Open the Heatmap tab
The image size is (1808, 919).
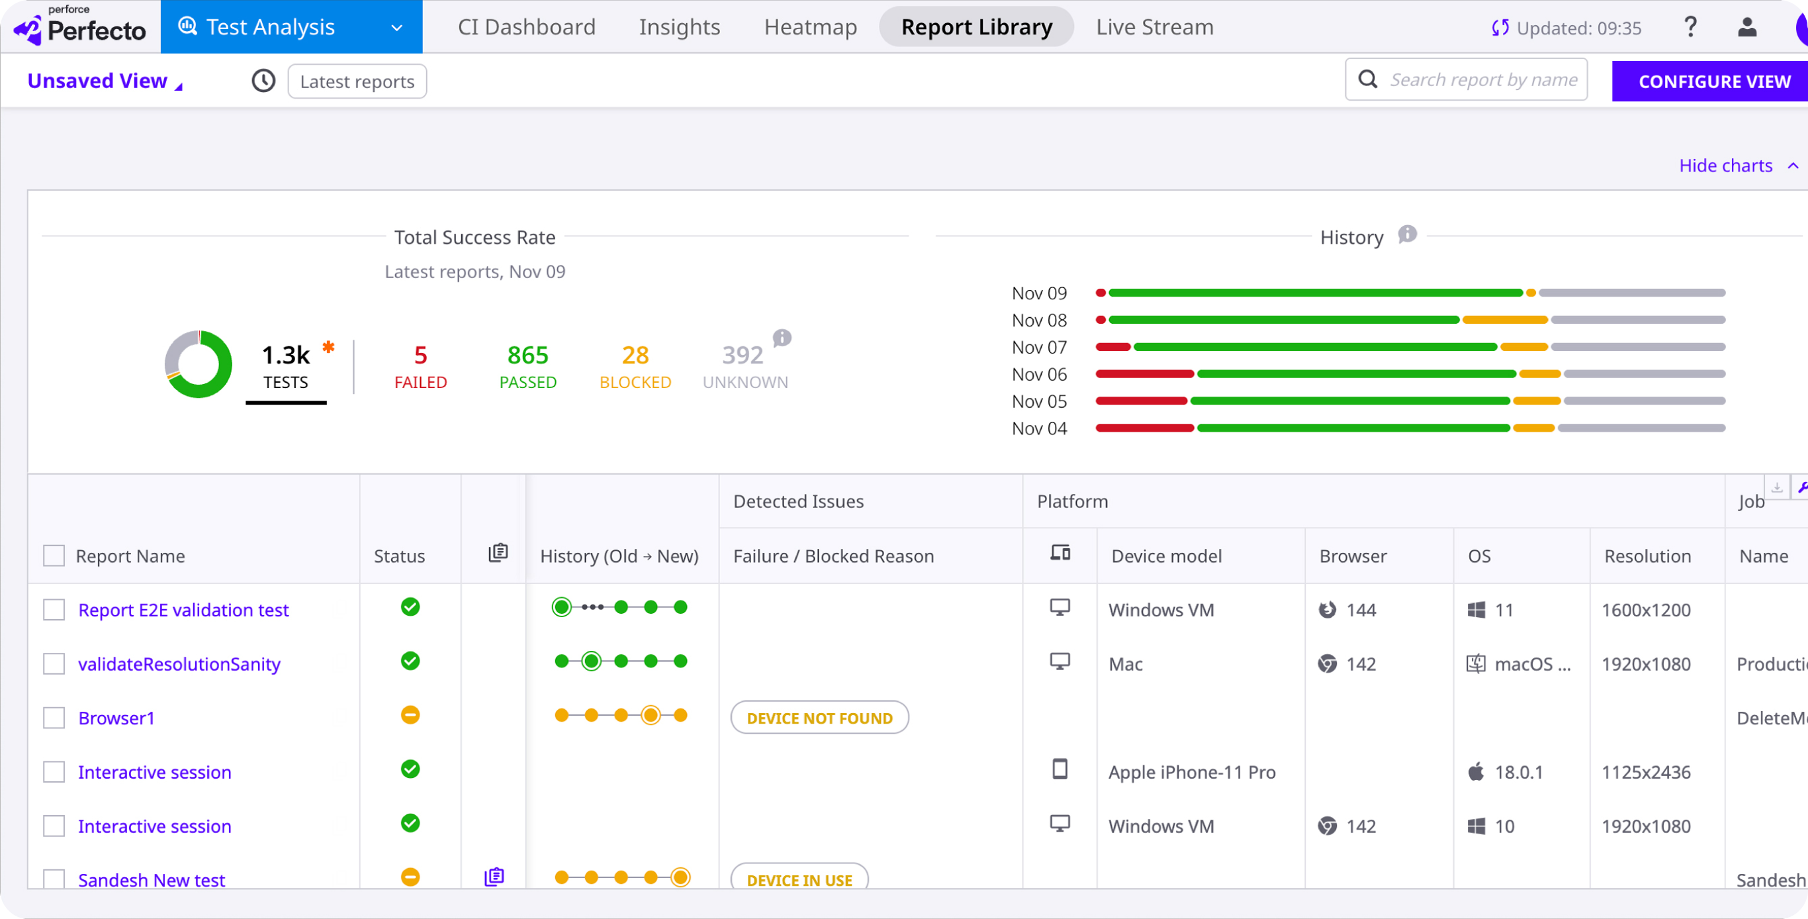tap(810, 26)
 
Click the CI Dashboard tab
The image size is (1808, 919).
tap(526, 26)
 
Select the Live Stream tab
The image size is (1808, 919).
tap(1155, 26)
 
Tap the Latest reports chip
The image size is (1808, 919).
tap(357, 81)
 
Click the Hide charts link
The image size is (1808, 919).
tap(1725, 166)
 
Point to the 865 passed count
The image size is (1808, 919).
tap(528, 356)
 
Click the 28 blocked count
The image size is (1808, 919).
tap(635, 356)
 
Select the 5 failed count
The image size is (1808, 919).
tap(420, 356)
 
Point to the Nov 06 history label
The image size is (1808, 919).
tap(1039, 374)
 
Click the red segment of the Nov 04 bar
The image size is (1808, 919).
tap(1145, 428)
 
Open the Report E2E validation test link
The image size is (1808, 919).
tap(183, 610)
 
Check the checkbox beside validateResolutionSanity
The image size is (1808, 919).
tap(54, 663)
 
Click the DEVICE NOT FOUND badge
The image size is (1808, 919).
tap(820, 718)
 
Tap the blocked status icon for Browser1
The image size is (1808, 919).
tap(410, 714)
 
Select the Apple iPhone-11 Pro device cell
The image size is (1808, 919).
tap(1192, 772)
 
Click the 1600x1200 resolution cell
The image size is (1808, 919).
tap(1646, 610)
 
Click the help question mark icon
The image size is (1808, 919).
tap(1691, 27)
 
